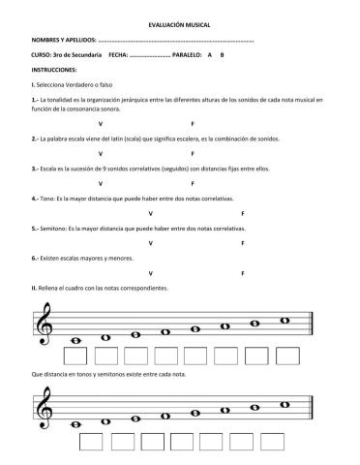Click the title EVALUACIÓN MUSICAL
(x=179, y=22)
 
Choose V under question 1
(x=101, y=125)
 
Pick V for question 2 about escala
(x=101, y=153)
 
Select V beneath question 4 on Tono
(x=149, y=212)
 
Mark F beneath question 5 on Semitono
(x=241, y=243)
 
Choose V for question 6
(x=149, y=273)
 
